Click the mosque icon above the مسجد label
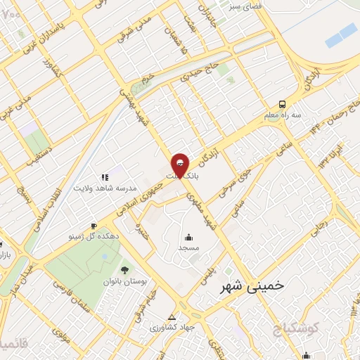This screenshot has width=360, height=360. click(188, 236)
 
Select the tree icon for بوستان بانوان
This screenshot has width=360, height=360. click(124, 270)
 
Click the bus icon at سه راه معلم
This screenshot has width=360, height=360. click(281, 103)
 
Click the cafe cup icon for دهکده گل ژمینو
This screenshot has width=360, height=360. click(94, 226)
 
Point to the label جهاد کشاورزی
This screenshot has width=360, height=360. click(175, 327)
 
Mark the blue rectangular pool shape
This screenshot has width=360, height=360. click(342, 33)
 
